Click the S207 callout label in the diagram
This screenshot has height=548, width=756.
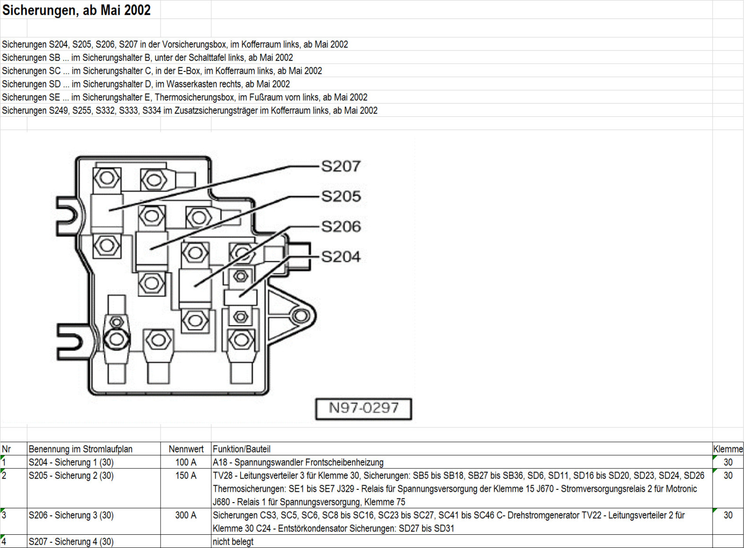point(341,166)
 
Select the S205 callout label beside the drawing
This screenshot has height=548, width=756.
point(341,196)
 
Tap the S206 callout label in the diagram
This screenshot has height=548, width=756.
point(341,226)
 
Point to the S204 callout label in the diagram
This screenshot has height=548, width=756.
point(341,257)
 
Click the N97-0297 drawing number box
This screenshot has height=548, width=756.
point(363,409)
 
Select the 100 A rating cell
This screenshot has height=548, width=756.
point(186,462)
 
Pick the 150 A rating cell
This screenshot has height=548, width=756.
point(186,476)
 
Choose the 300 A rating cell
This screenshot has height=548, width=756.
point(186,515)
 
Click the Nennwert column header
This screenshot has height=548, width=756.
point(186,449)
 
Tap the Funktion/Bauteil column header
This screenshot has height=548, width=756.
point(241,449)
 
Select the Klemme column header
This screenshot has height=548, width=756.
point(728,449)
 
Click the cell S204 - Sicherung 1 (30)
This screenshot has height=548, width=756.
point(71,462)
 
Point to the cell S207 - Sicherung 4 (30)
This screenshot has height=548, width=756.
point(71,542)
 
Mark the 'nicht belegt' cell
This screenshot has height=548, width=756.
point(233,542)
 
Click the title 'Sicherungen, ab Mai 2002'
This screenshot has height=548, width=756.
point(76,10)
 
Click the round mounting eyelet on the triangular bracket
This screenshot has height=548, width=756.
point(300,315)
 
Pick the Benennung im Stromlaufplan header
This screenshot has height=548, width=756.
point(80,449)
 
